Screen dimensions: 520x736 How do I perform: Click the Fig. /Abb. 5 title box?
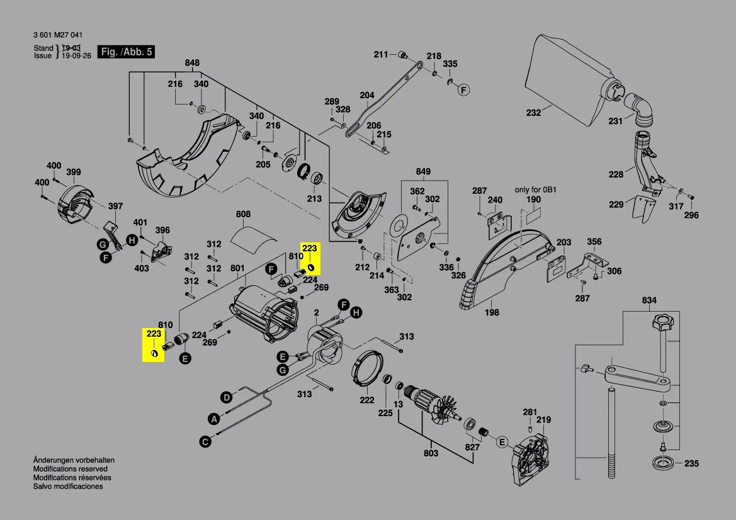[x=127, y=52]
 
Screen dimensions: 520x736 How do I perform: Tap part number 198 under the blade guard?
[x=492, y=312]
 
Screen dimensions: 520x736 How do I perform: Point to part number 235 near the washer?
[x=691, y=464]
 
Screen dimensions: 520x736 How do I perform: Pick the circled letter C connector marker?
[x=205, y=442]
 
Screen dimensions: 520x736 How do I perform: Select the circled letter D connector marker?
[x=225, y=397]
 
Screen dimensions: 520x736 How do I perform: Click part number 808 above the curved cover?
[x=244, y=214]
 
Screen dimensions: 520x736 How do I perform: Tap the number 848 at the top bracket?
[x=192, y=62]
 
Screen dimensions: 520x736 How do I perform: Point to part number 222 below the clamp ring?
[x=367, y=400]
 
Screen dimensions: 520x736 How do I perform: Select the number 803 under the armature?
[x=431, y=453]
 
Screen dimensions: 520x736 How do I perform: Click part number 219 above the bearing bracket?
[x=543, y=420]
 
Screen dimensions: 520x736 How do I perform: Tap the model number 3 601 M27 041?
[x=57, y=35]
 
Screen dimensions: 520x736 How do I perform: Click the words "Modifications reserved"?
[x=70, y=469]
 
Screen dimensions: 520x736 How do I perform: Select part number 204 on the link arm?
[x=366, y=96]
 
